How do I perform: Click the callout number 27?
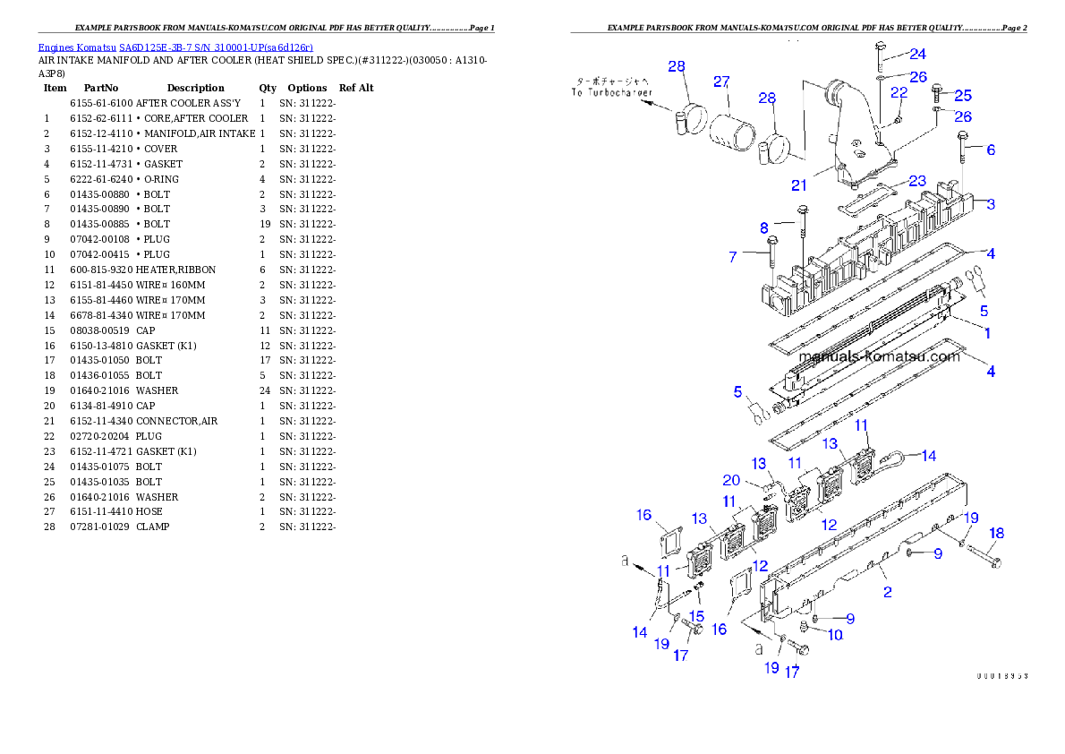coord(721,81)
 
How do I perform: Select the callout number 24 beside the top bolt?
coord(917,54)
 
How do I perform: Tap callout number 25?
coord(962,96)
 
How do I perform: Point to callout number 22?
coord(899,92)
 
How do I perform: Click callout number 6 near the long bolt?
coord(991,150)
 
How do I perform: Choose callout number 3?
coord(991,204)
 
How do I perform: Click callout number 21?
coord(798,185)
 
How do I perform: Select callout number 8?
coord(763,227)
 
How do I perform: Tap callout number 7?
coord(733,257)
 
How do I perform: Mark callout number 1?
coord(987,333)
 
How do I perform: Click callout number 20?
coord(731,480)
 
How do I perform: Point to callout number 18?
coord(996,534)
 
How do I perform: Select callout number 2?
coord(887,592)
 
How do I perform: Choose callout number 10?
coord(834,635)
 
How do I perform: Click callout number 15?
coord(696,616)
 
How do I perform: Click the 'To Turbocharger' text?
coord(613,92)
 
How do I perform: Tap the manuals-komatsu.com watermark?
coord(878,356)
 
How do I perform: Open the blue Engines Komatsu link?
coord(175,47)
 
